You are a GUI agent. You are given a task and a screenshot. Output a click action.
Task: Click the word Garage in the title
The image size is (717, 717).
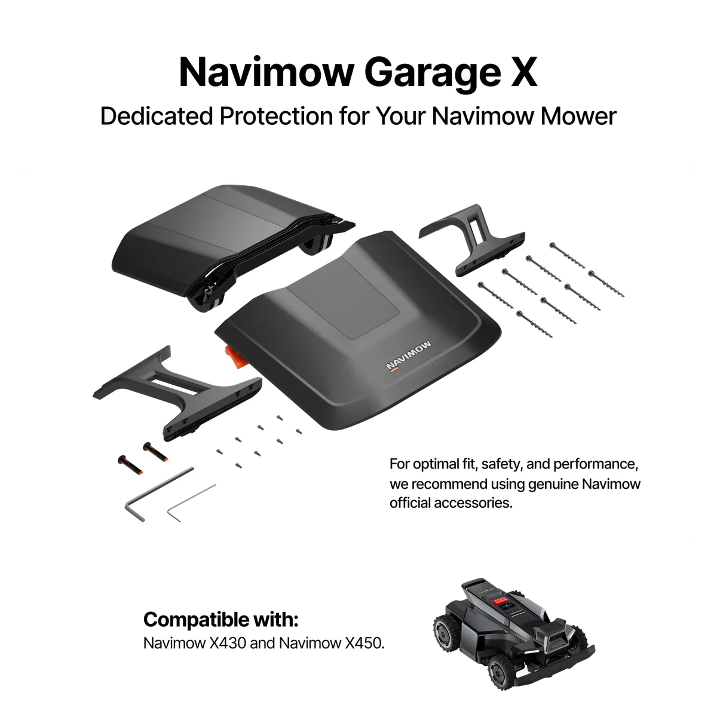432,73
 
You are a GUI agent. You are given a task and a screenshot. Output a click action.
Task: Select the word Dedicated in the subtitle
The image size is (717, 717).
157,116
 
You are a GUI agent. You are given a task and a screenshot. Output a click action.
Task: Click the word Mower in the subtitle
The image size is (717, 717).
578,116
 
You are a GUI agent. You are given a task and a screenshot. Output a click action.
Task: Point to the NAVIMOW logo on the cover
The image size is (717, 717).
409,356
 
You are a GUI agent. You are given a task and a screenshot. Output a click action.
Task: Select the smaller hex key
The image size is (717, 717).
191,502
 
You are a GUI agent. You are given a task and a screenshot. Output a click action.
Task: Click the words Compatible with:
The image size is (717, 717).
221,620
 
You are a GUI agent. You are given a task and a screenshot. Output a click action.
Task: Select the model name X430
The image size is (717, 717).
227,644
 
